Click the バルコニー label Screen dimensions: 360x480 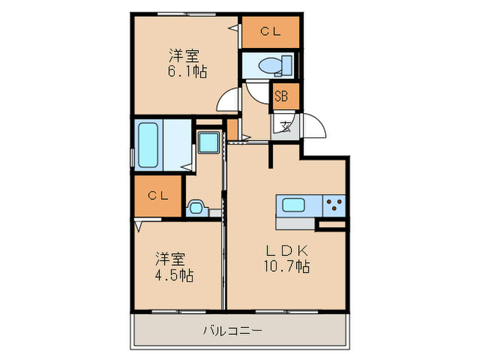[x=232, y=331]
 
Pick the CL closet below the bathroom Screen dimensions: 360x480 [x=157, y=195]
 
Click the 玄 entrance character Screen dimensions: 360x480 [x=285, y=126]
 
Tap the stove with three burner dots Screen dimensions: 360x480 [x=333, y=204]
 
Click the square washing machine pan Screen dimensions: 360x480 [x=208, y=143]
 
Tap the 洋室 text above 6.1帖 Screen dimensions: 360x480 [x=182, y=54]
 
